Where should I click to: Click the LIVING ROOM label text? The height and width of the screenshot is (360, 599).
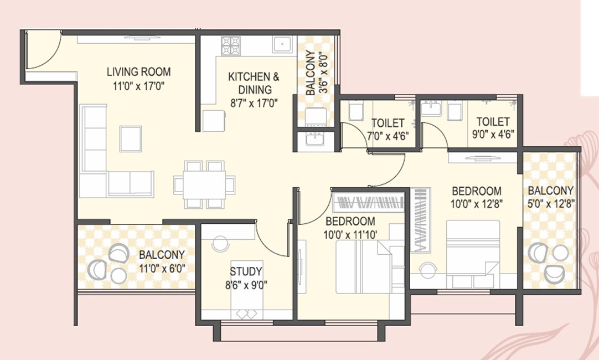138,71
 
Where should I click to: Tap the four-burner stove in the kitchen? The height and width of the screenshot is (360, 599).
231,45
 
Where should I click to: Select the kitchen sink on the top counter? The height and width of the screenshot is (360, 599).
283,44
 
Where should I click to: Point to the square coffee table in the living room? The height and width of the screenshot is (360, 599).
131,138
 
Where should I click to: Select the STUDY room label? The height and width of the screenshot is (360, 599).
246,271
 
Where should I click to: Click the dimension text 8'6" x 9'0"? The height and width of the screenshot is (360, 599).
246,286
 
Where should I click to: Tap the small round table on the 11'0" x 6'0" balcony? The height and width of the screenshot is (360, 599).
118,275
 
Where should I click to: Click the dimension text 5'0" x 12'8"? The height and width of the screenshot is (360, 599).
551,203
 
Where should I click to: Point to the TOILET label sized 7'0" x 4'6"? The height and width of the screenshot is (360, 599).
388,122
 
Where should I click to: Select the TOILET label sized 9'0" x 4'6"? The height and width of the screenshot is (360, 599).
492,121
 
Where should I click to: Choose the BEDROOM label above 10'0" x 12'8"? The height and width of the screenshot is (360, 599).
476,191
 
